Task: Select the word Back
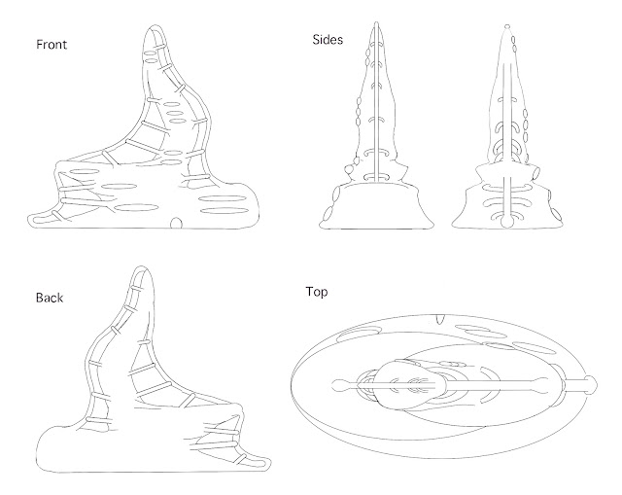tap(49, 298)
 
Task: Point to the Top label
tap(318, 290)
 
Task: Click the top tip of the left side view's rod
tap(375, 21)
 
